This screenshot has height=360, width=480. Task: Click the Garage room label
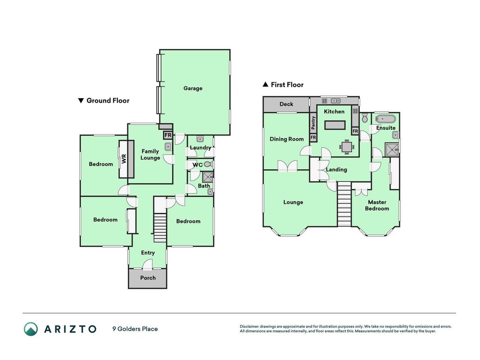[x=193, y=89]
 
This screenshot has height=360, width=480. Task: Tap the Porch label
[x=148, y=278]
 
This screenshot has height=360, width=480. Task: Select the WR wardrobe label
[x=124, y=159]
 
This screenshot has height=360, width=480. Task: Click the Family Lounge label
[x=150, y=155]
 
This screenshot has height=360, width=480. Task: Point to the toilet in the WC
[x=209, y=165]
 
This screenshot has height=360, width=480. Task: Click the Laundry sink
[x=201, y=139]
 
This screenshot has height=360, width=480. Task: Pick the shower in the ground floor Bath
[x=208, y=177]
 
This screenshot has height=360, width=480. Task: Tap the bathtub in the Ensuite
[x=386, y=119]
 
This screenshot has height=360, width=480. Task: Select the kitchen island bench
[x=335, y=125]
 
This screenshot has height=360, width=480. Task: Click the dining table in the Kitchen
[x=346, y=147]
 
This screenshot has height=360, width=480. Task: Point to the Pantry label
[x=313, y=123]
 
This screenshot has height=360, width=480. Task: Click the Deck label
[x=287, y=104]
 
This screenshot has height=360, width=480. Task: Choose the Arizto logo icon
[x=31, y=329]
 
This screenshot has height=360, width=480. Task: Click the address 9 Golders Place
[x=135, y=329]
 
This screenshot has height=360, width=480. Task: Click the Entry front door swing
[x=148, y=265]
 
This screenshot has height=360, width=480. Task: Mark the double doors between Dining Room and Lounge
[x=287, y=166]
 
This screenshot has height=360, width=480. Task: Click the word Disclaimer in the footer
[x=250, y=327]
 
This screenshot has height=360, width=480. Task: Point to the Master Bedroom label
[x=377, y=205]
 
